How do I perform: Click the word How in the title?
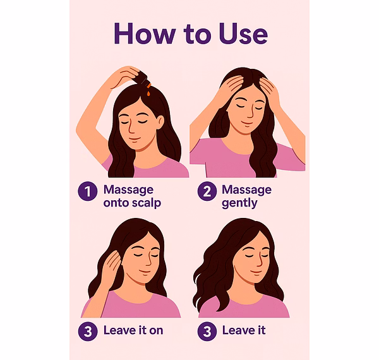145,33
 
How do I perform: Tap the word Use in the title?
243,33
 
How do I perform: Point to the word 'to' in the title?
197,34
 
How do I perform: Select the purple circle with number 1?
88,191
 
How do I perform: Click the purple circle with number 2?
207,191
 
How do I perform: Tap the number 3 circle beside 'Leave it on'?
88,331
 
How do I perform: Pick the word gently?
239,203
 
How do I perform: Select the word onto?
117,203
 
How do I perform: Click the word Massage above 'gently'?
246,190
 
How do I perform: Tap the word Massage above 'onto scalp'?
128,190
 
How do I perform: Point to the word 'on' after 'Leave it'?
156,331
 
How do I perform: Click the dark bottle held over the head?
141,78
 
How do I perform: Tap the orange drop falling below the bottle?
148,93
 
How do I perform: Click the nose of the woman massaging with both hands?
250,113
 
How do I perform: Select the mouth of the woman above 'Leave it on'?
145,272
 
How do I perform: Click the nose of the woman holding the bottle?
131,128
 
